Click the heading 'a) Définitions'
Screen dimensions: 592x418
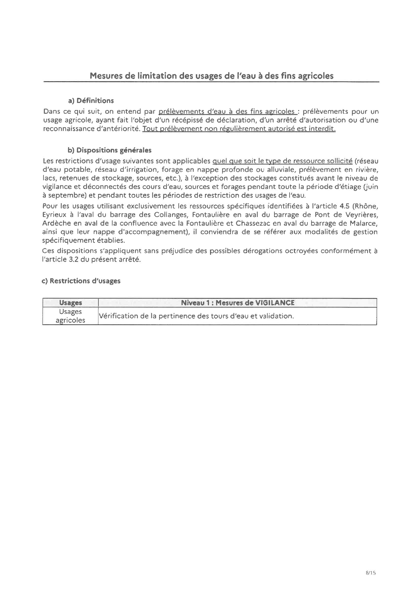pyautogui.click(x=91, y=101)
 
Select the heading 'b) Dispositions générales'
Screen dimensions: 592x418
pyautogui.click(x=110, y=150)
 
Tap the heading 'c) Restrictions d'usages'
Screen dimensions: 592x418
pyautogui.click(x=81, y=281)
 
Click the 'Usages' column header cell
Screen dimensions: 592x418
pyautogui.click(x=70, y=303)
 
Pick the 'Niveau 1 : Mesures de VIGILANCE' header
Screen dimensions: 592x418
pyautogui.click(x=237, y=303)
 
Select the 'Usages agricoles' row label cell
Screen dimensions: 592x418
pyautogui.click(x=70, y=316)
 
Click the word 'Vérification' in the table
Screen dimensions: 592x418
pyautogui.click(x=117, y=316)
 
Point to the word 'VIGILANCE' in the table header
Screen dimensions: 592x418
pyautogui.click(x=275, y=303)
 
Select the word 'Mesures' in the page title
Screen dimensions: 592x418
pyautogui.click(x=106, y=76)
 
